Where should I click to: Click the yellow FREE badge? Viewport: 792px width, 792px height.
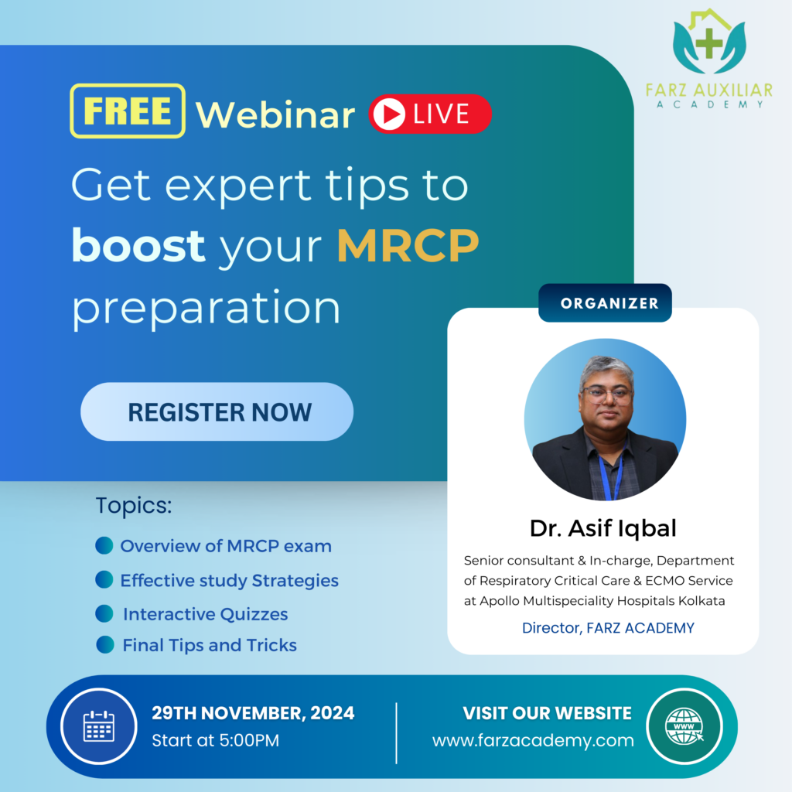tap(128, 111)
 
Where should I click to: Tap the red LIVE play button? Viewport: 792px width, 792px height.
tap(430, 114)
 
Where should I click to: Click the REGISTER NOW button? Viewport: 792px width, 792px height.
tap(217, 411)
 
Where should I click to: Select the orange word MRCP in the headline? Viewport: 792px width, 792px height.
tap(408, 245)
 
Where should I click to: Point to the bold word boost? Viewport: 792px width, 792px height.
tap(138, 245)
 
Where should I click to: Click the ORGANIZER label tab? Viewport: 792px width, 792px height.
tap(605, 302)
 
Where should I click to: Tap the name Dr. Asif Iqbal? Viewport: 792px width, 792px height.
tap(603, 527)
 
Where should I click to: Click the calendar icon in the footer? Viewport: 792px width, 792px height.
tap(98, 726)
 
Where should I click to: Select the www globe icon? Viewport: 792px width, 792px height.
tap(684, 726)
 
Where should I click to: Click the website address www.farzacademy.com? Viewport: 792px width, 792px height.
tap(533, 740)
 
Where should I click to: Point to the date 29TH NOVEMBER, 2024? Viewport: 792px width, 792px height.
tap(253, 712)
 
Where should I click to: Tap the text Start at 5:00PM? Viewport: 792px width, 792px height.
tap(215, 740)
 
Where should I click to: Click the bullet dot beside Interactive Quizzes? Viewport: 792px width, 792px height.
tap(104, 613)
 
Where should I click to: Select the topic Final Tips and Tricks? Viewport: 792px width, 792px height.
tap(210, 645)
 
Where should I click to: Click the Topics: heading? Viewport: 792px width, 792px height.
tap(134, 506)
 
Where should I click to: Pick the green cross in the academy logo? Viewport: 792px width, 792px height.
tap(709, 43)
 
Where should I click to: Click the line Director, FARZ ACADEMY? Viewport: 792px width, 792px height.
tap(608, 628)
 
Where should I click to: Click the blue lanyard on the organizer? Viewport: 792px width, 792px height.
tap(611, 475)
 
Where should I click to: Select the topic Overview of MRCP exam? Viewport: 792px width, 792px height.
tap(226, 546)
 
